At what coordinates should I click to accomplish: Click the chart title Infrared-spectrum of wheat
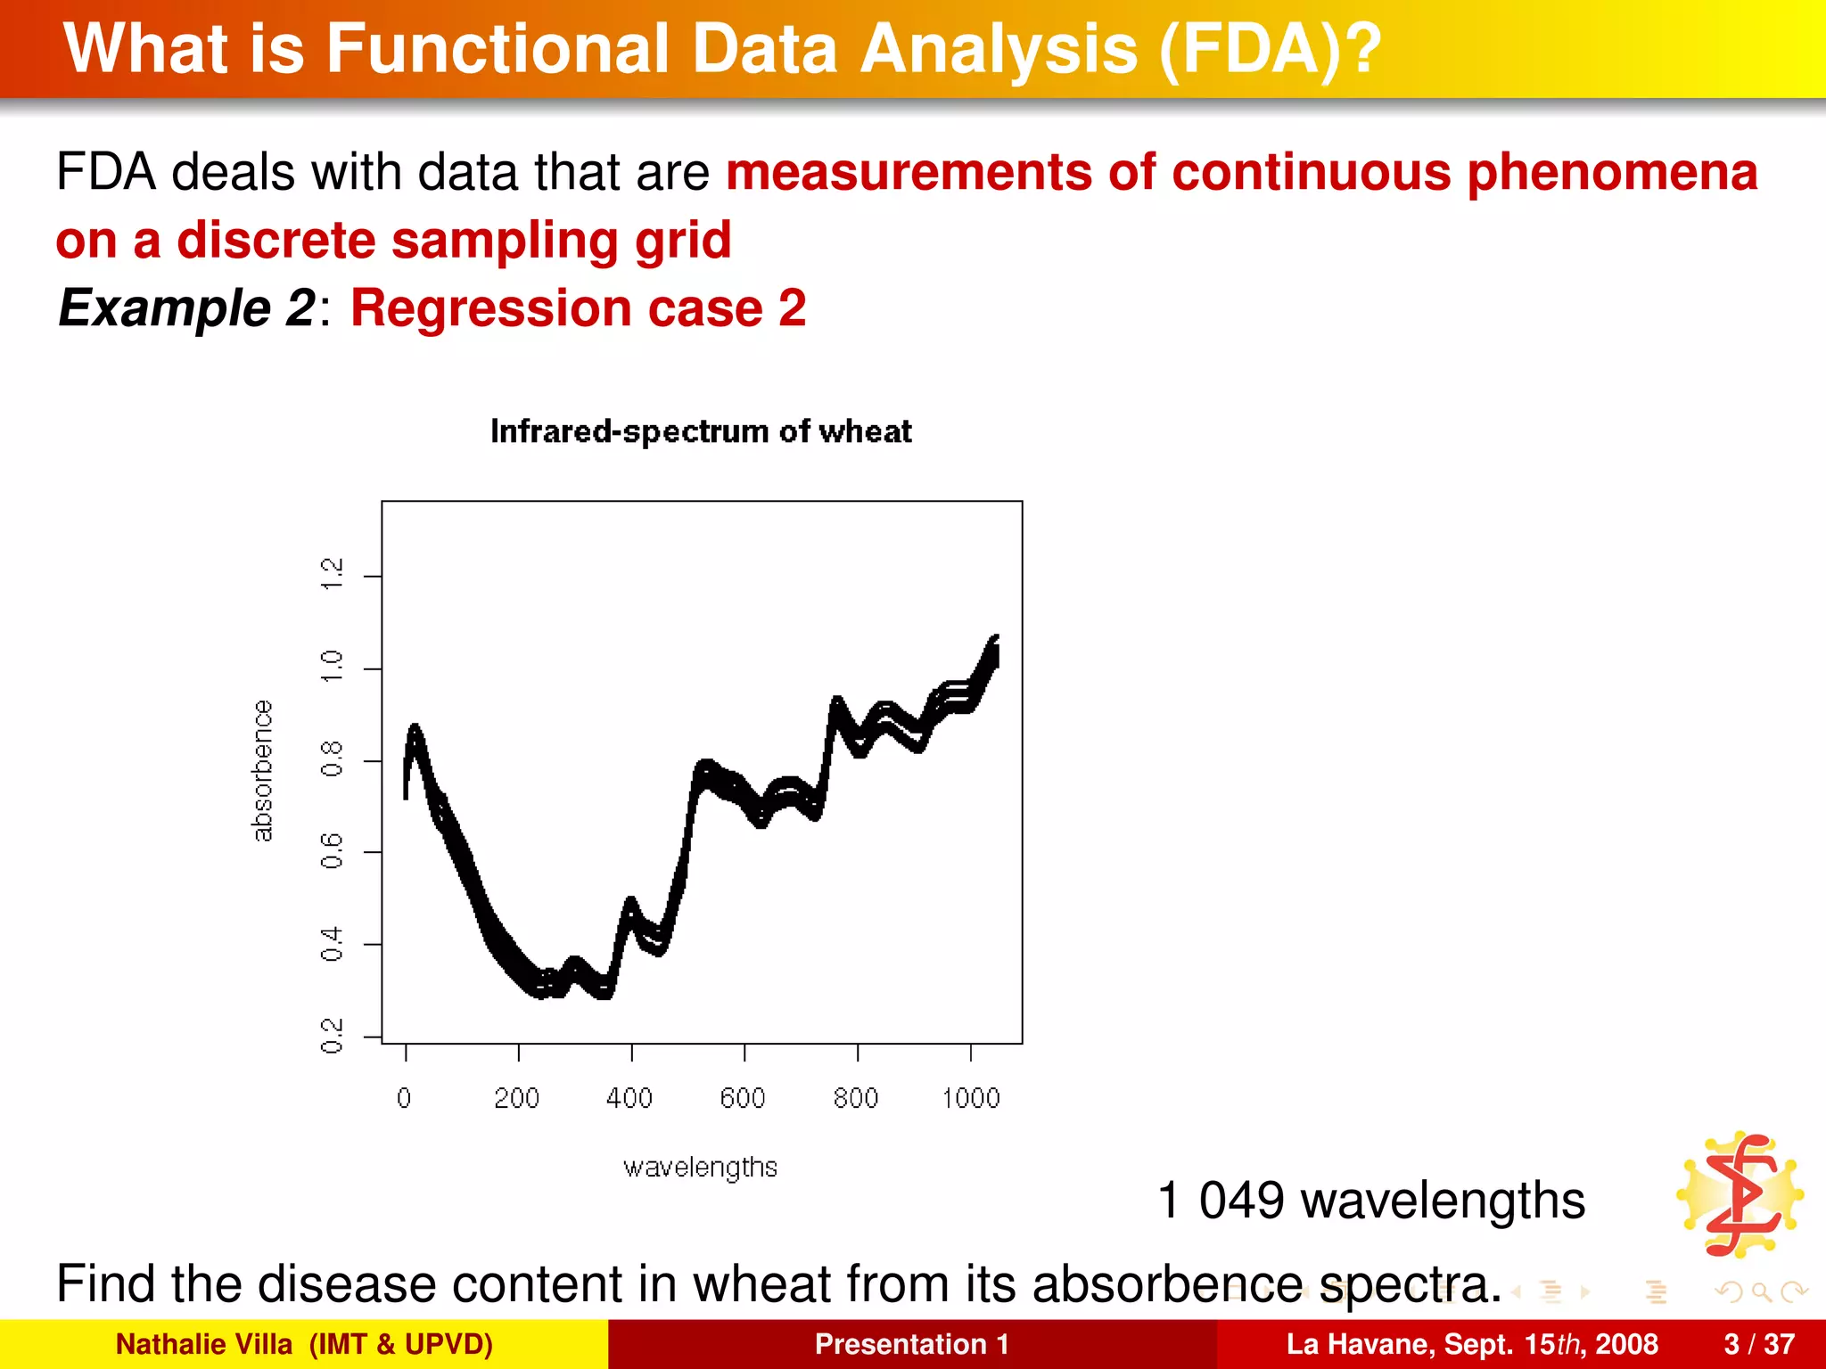click(x=701, y=431)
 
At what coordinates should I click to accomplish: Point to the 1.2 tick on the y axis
click(x=332, y=575)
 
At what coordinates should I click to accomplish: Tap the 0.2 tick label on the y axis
click(x=332, y=1036)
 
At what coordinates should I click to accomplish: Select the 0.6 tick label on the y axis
click(x=332, y=851)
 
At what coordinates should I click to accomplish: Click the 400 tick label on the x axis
click(x=629, y=1098)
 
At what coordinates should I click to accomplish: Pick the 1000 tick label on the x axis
click(x=971, y=1098)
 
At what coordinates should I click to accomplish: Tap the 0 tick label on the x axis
click(x=405, y=1098)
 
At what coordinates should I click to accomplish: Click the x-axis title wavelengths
click(x=700, y=1168)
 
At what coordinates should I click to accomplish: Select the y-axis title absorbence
click(x=262, y=771)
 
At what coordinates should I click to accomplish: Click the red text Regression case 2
click(x=578, y=308)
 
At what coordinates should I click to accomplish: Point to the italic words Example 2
click(x=186, y=308)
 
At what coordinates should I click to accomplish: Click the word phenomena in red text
click(x=1612, y=172)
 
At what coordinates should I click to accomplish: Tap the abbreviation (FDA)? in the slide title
click(x=1270, y=49)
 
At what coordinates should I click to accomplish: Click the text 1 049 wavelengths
click(x=1370, y=1200)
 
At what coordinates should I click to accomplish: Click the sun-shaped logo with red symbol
click(x=1741, y=1194)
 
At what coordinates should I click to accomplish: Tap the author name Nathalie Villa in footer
click(x=204, y=1344)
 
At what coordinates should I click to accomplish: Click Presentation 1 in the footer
click(x=911, y=1344)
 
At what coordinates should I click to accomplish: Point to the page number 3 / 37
click(x=1759, y=1344)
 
